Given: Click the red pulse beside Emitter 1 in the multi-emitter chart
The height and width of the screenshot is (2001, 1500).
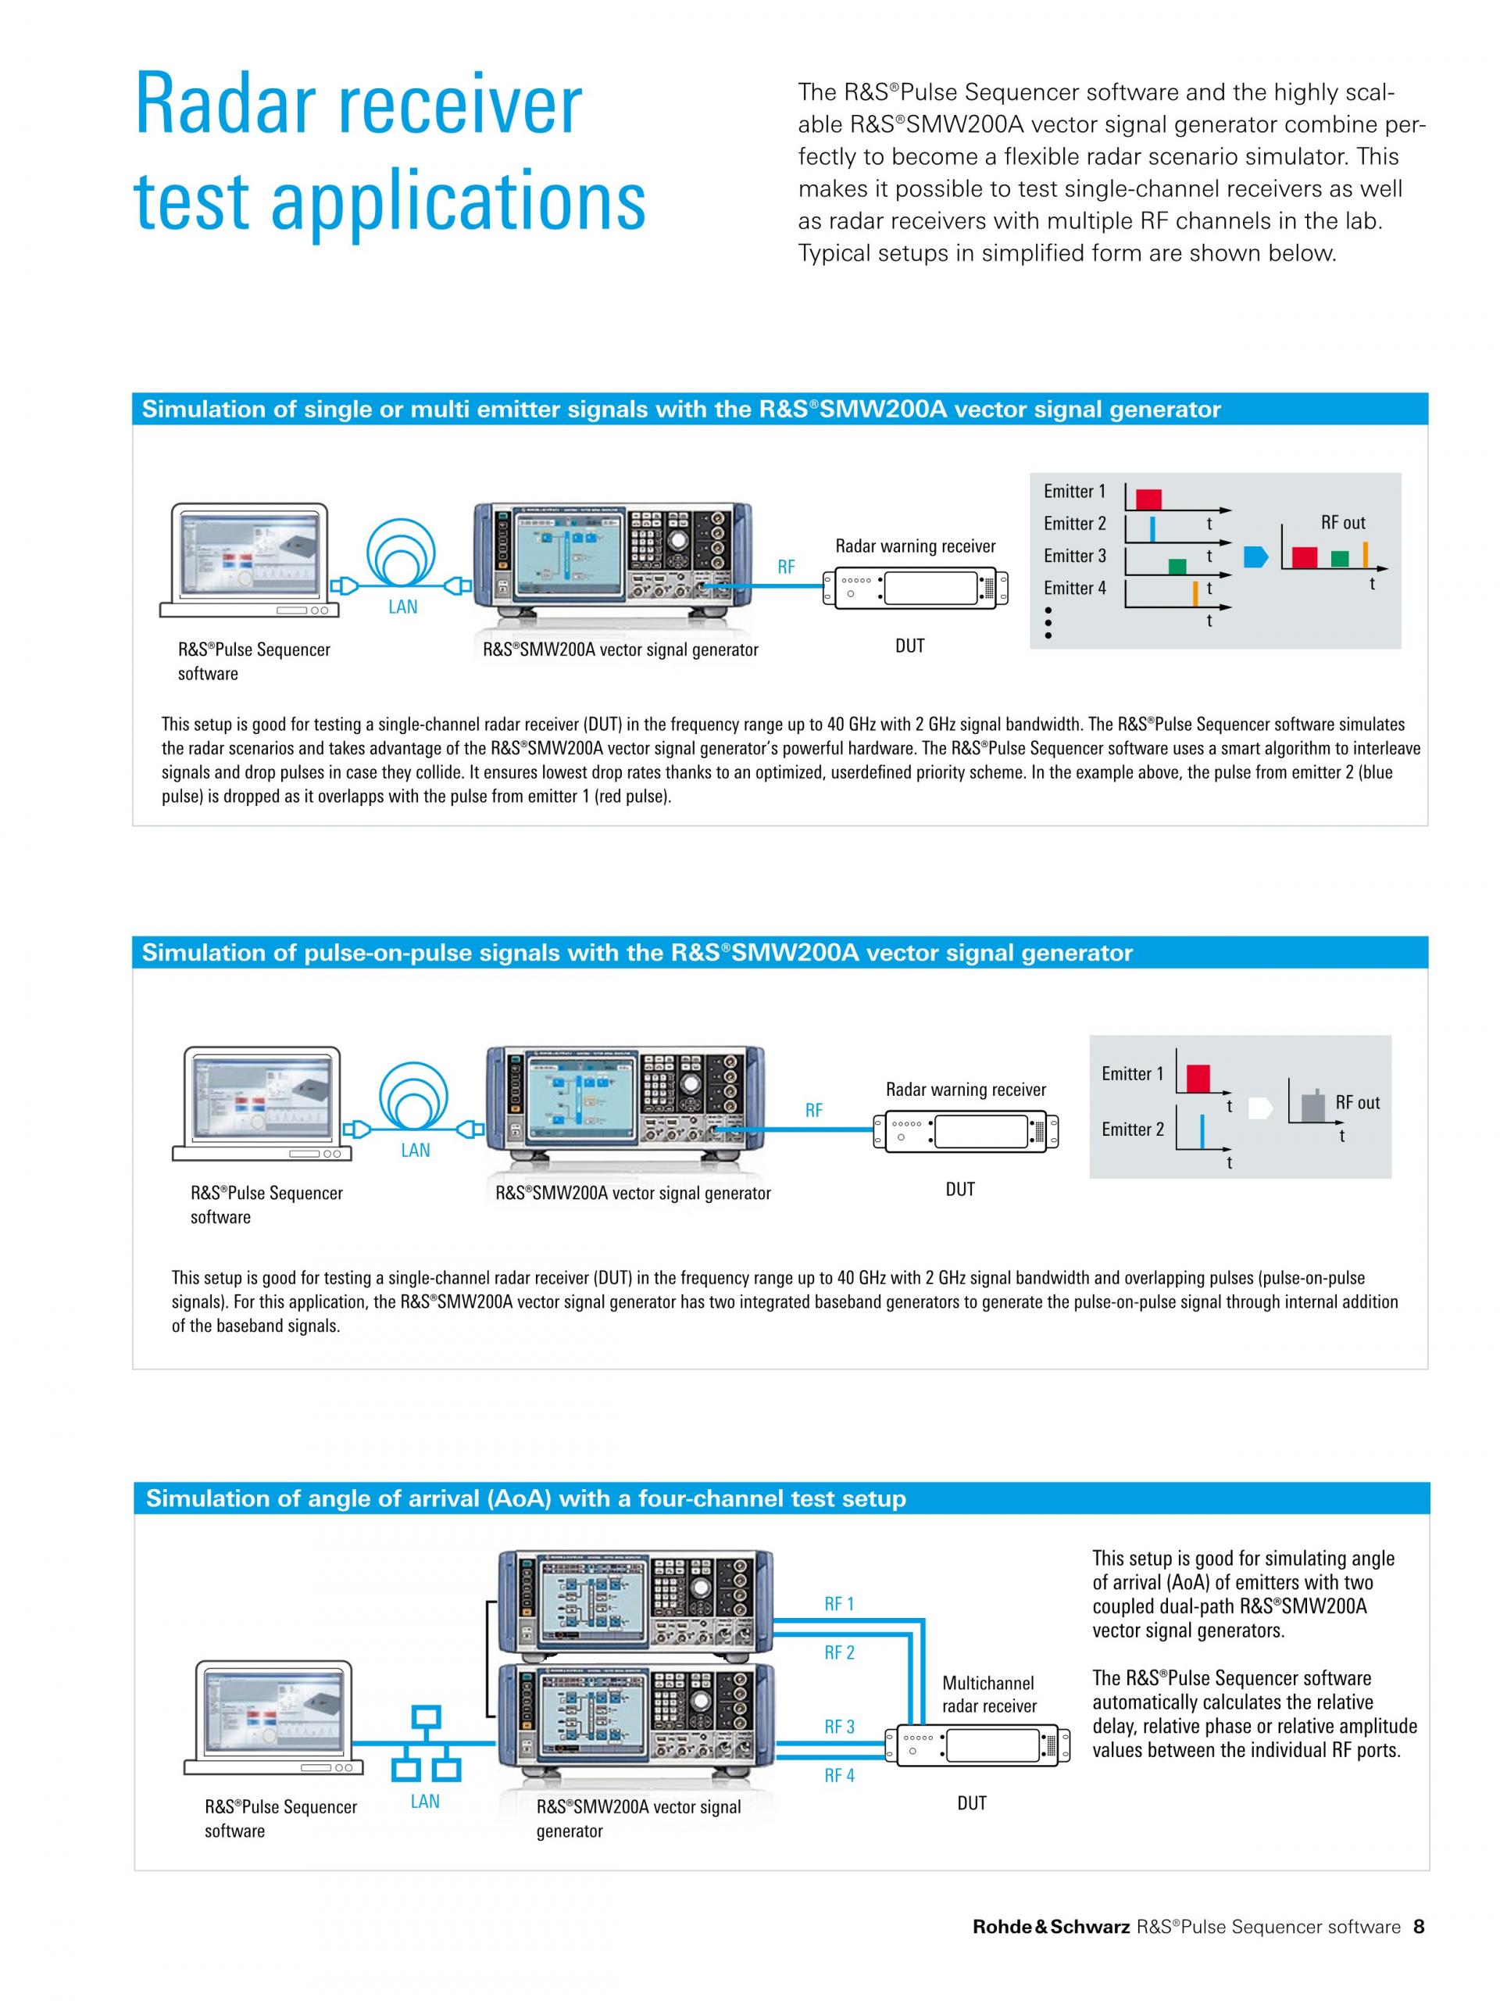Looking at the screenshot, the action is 1148,499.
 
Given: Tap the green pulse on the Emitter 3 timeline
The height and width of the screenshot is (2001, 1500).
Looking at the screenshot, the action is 1177,566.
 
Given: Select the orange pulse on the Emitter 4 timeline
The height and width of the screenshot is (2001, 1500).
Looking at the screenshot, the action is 1195,592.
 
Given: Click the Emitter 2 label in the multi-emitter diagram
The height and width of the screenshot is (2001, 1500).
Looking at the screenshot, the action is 1074,524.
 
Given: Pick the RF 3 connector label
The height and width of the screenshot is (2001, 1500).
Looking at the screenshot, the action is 839,1727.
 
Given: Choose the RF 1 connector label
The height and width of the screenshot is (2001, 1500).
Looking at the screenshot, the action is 839,1604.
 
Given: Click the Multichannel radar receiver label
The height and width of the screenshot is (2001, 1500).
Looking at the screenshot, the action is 989,1695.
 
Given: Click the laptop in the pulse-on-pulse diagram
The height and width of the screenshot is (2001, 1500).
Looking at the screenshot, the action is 257,1104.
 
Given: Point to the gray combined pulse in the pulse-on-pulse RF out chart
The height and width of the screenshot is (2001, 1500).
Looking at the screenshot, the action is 1312,1104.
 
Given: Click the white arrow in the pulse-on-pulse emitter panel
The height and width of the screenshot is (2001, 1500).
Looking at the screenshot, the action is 1260,1108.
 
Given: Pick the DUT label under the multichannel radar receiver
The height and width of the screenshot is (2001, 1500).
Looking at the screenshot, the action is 972,1803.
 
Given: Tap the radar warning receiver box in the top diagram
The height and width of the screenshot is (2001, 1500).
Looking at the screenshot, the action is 915,589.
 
